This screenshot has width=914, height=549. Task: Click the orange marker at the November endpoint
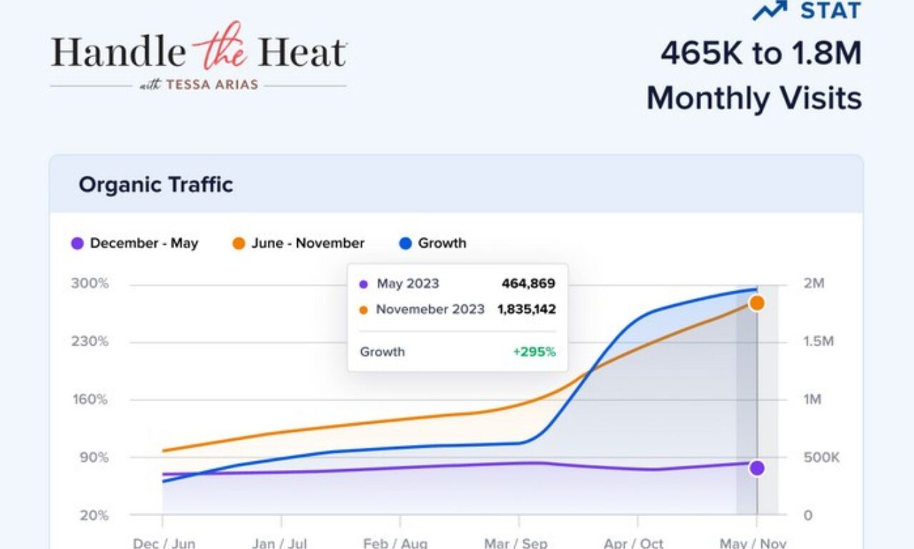click(x=757, y=303)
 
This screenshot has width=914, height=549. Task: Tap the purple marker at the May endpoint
click(x=757, y=468)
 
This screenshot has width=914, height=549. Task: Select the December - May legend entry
click(x=135, y=243)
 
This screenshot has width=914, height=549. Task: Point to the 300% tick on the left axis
click(x=90, y=283)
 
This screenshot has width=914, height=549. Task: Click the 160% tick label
click(x=90, y=399)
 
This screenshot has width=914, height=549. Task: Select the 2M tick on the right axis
click(x=814, y=283)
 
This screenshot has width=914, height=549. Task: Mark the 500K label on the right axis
click(x=822, y=458)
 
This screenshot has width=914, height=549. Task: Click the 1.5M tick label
click(x=818, y=341)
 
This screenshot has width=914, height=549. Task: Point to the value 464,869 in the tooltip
click(x=528, y=283)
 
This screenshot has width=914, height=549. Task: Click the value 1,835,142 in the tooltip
click(x=526, y=309)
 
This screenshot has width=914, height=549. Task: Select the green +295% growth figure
click(x=534, y=352)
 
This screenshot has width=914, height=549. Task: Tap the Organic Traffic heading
click(x=156, y=185)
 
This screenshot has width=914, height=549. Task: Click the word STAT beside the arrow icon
click(x=830, y=11)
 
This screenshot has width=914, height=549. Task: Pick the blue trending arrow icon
click(x=770, y=10)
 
